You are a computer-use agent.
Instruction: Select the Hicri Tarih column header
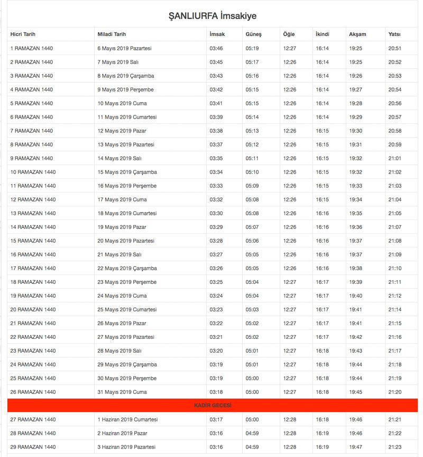click(x=23, y=34)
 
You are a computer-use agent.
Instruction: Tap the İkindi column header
click(x=322, y=34)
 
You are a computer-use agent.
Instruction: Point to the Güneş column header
click(x=253, y=34)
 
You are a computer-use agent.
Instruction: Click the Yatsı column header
click(x=394, y=34)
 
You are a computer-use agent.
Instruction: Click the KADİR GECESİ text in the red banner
click(x=213, y=406)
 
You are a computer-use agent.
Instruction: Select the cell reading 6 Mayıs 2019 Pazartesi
click(x=125, y=48)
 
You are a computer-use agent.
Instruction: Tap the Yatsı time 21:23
click(x=395, y=447)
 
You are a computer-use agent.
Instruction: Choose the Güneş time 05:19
click(x=252, y=48)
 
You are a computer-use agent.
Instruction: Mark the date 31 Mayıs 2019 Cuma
click(x=122, y=392)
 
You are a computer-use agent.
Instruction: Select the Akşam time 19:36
click(x=355, y=227)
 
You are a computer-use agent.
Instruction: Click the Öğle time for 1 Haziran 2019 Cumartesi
click(x=290, y=419)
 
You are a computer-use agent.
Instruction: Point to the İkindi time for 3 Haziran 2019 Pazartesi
click(x=322, y=447)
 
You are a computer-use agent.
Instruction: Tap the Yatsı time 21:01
click(x=395, y=158)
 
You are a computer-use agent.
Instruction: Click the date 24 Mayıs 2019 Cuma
click(x=122, y=295)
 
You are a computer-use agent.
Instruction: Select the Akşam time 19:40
click(x=355, y=295)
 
